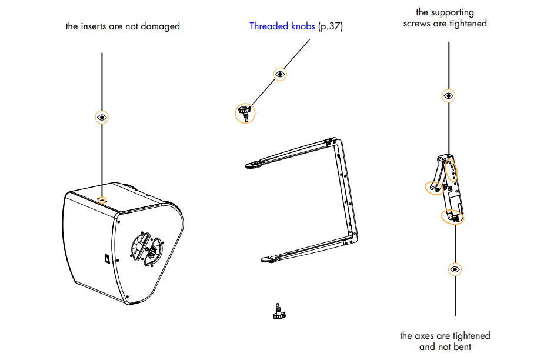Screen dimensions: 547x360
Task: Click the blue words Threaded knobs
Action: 282,26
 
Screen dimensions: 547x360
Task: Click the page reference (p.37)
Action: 331,26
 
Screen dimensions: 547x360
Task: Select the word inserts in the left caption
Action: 94,26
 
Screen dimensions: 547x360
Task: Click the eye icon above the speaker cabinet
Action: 102,117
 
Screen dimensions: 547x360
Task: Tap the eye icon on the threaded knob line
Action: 280,74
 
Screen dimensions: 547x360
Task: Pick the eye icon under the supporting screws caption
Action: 449,95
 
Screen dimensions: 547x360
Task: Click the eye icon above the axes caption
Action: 455,269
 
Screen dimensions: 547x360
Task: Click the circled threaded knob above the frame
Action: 245,113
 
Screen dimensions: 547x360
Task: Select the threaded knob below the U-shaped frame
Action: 279,312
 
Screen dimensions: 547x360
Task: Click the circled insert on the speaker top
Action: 102,200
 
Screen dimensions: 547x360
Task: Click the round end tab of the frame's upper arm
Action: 253,165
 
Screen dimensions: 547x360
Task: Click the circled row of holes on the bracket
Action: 451,170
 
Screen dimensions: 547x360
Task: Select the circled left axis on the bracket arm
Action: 434,188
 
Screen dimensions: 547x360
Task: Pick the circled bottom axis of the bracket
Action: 452,217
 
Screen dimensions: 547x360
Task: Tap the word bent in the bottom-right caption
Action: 462,347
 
